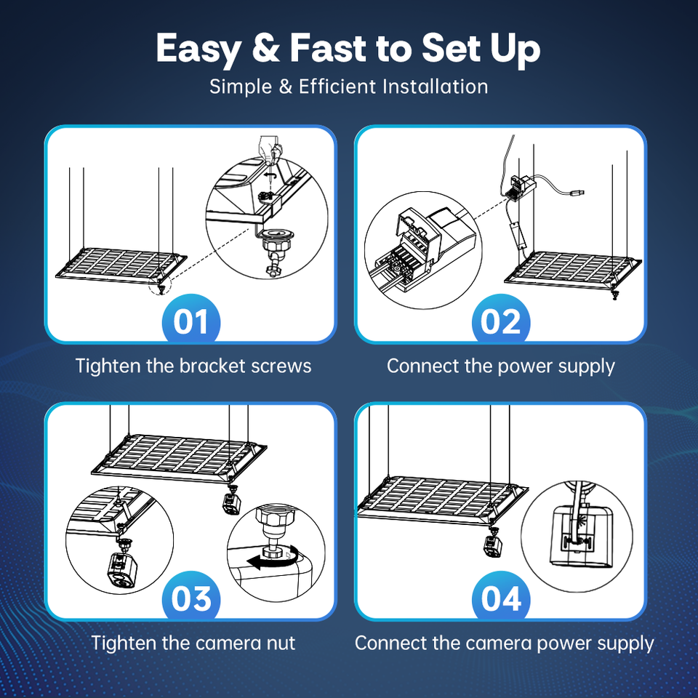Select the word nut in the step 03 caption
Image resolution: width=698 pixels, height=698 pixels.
[281, 643]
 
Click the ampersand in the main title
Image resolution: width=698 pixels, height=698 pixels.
[266, 48]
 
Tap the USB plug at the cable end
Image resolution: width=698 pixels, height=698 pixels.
[577, 193]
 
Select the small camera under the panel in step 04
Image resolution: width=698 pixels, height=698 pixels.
[493, 545]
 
